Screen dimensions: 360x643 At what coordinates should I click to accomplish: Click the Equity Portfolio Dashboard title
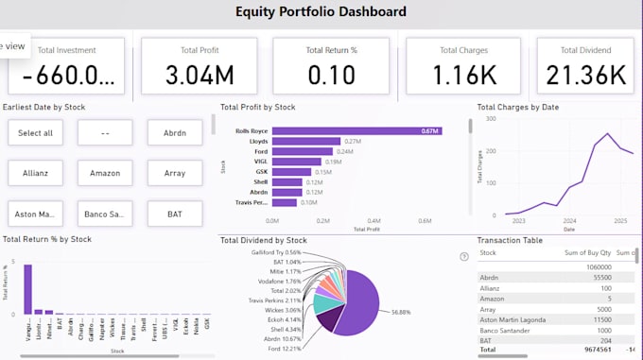321,12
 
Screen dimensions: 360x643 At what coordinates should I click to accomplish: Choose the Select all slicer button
35,133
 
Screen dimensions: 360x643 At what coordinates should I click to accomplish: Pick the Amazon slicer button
105,174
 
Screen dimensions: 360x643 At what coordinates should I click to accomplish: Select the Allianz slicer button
35,174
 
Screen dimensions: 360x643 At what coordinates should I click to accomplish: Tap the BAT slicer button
175,214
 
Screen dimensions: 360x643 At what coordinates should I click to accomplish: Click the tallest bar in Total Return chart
27,288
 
